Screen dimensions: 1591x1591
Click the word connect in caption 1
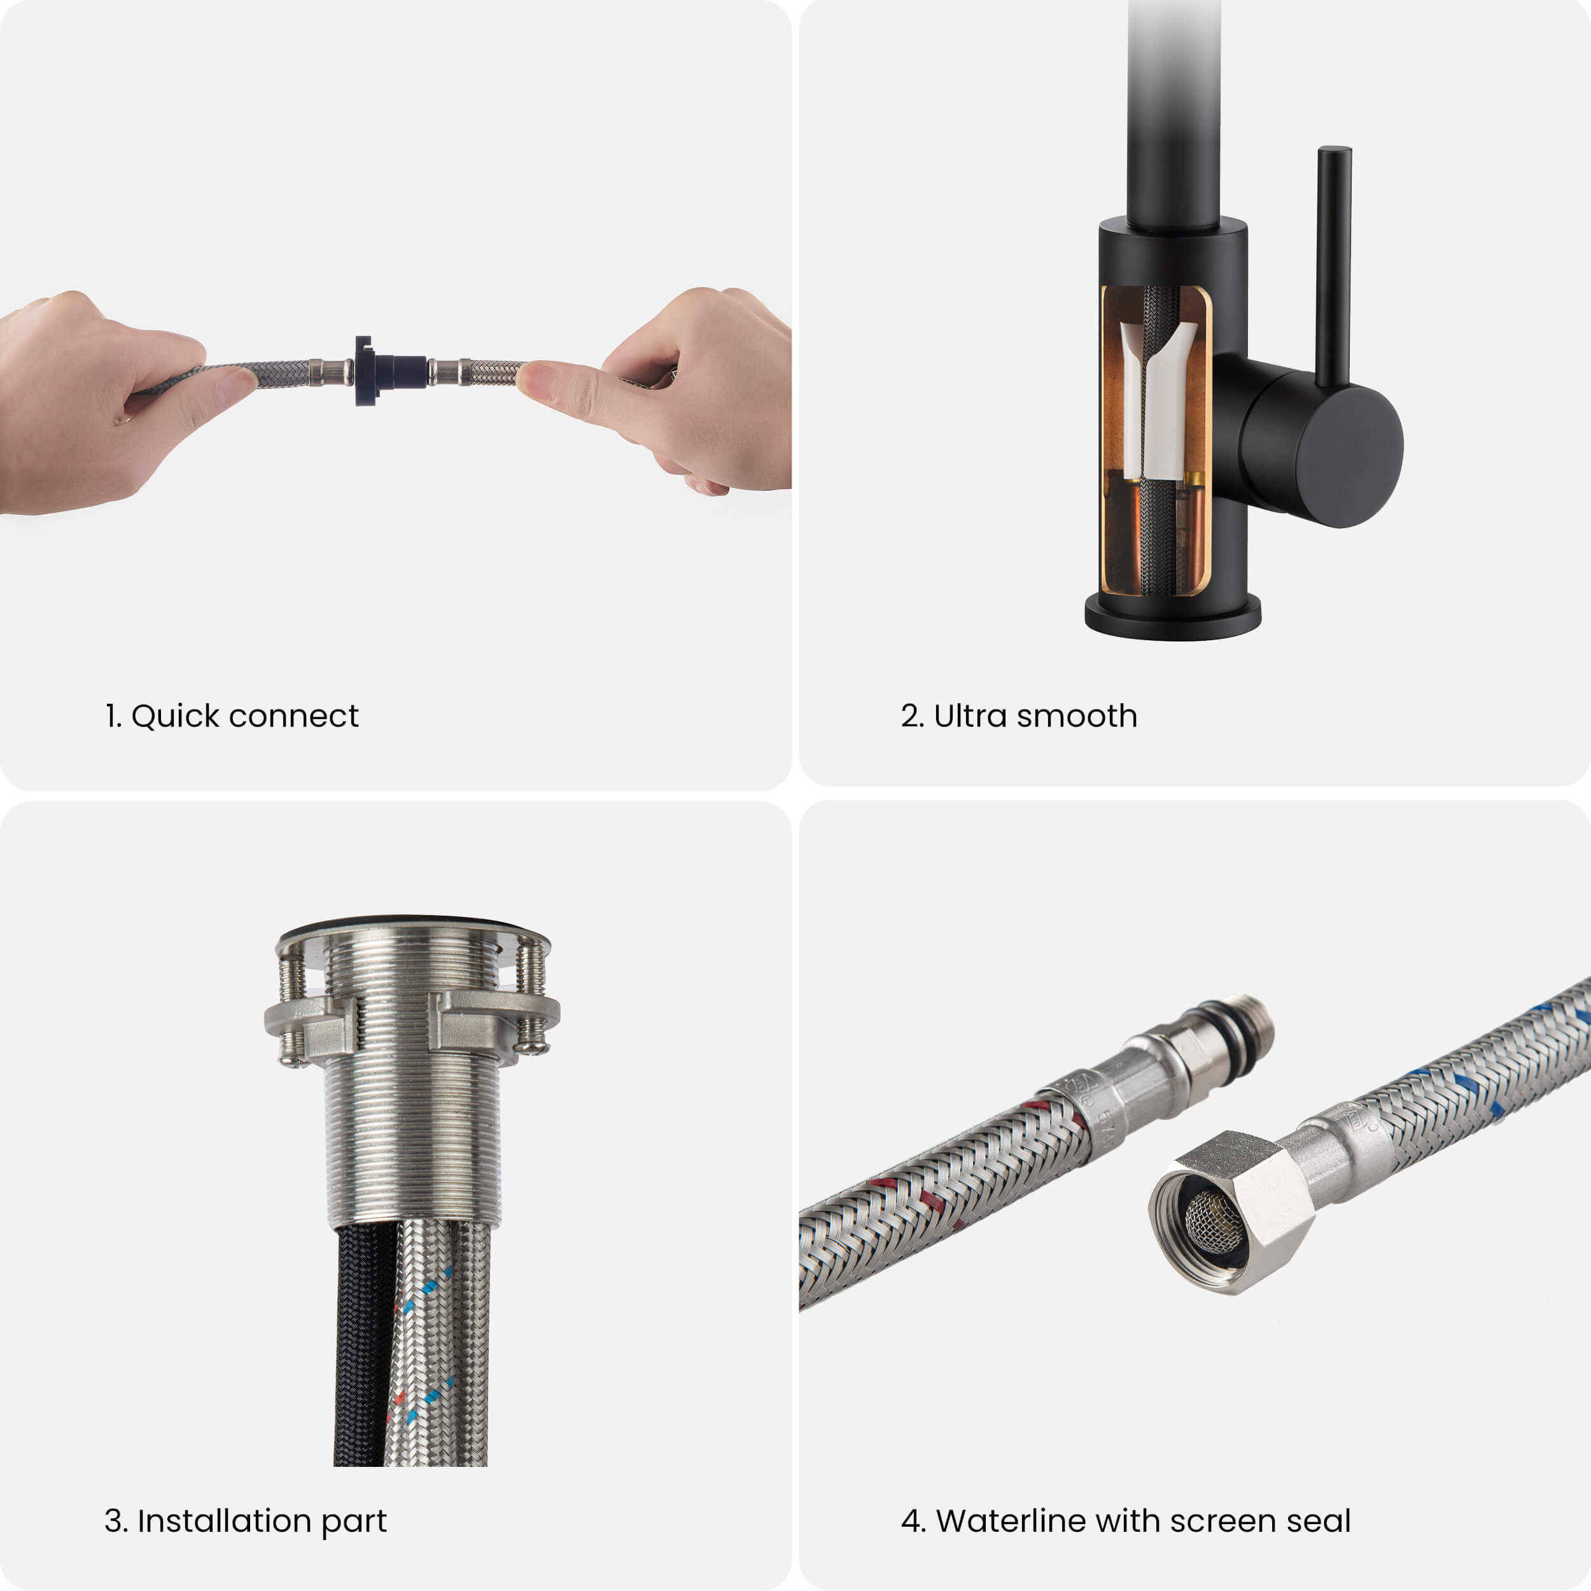click(x=293, y=717)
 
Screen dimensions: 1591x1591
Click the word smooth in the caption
click(x=1077, y=717)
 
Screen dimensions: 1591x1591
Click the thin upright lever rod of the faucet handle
click(x=1333, y=263)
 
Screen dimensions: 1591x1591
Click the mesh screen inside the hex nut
click(x=1213, y=1222)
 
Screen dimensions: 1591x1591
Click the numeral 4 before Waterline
click(x=911, y=1521)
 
